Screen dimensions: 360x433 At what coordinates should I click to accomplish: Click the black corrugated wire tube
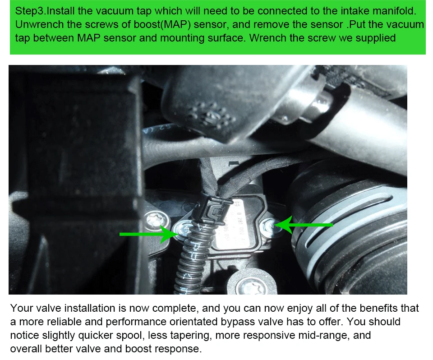190,266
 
